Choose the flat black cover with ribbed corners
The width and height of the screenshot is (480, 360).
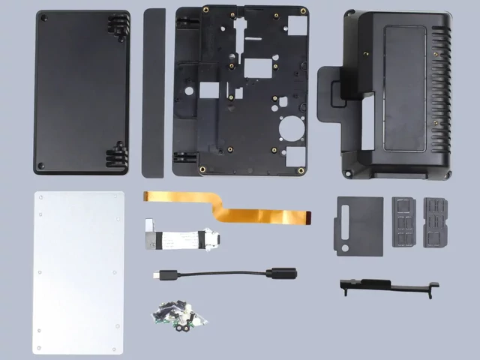click(82, 91)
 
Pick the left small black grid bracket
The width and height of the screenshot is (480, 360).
click(403, 221)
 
